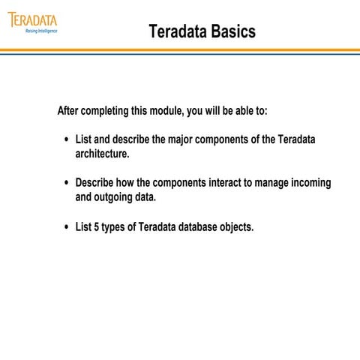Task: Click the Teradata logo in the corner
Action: click(x=32, y=19)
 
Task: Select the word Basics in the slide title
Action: click(x=230, y=31)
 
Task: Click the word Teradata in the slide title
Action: click(x=175, y=31)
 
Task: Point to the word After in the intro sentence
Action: click(x=70, y=111)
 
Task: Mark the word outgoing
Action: click(x=115, y=197)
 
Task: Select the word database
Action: click(x=198, y=226)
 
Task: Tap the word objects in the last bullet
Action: click(x=237, y=226)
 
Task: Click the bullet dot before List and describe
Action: click(x=67, y=140)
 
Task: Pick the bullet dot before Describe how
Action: click(x=67, y=184)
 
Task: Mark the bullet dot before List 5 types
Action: click(x=67, y=226)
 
